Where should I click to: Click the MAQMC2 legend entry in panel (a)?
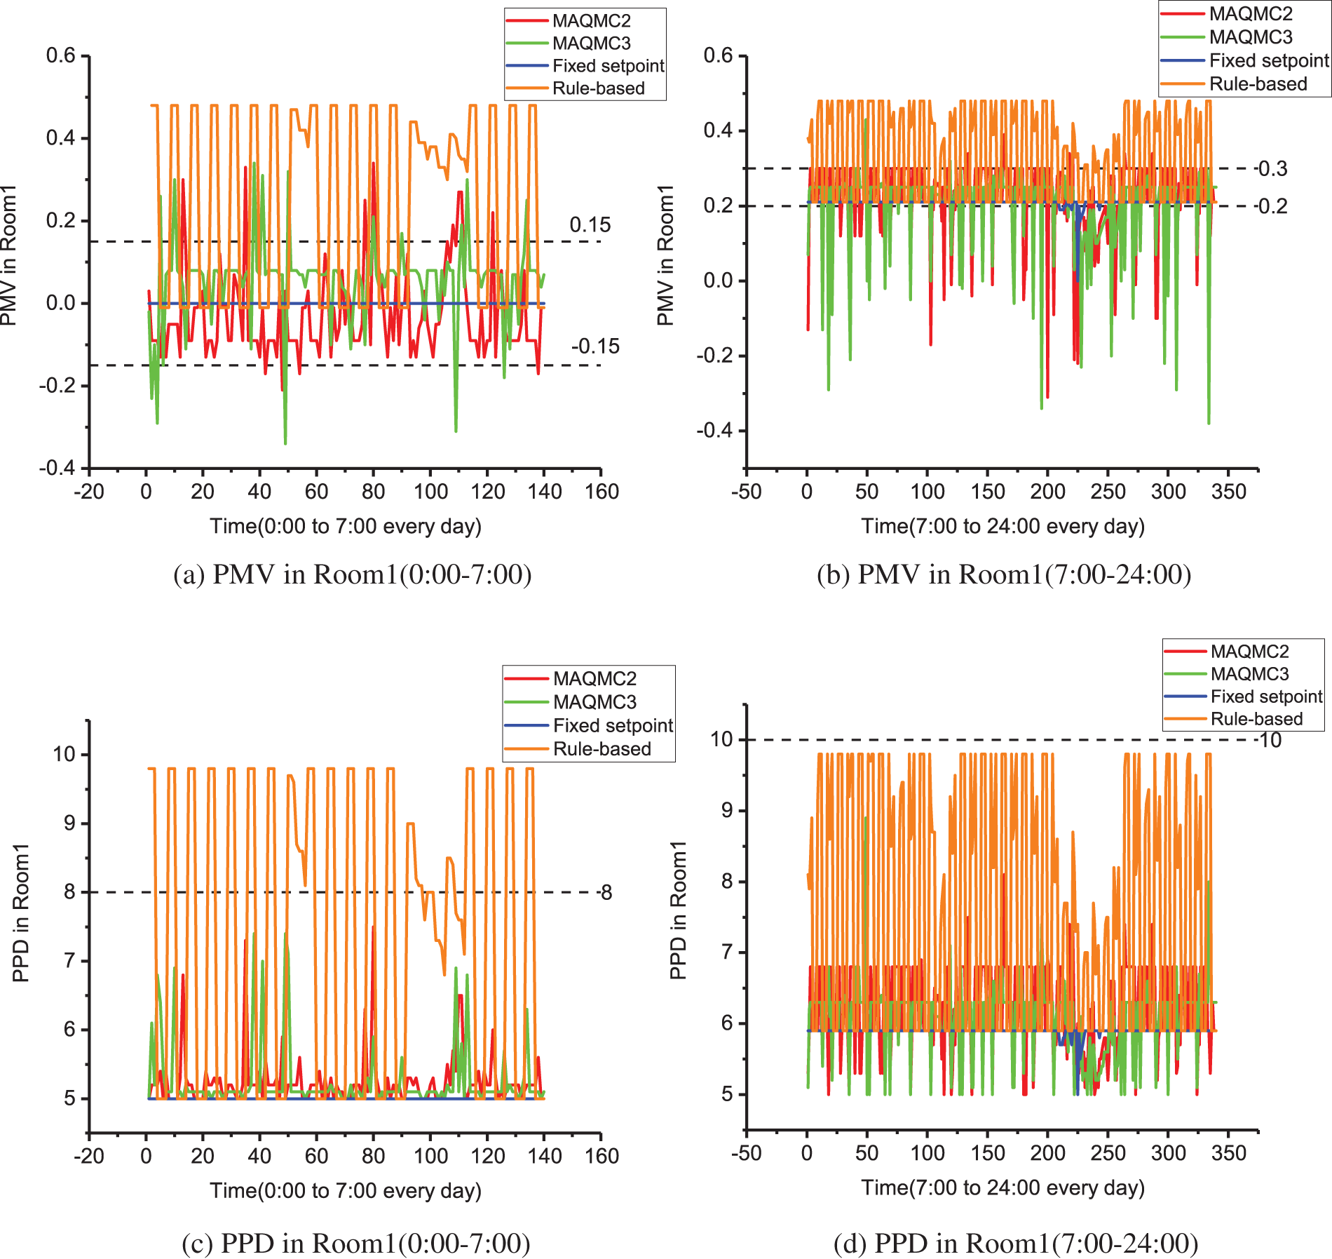591,21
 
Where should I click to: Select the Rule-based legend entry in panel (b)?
1258,84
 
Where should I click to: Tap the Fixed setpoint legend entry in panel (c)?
612,725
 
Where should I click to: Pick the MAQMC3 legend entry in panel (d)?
1249,674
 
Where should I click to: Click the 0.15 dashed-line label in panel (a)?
590,225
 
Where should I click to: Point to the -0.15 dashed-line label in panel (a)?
594,346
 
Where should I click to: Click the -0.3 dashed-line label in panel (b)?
1270,168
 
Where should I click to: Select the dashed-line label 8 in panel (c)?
605,893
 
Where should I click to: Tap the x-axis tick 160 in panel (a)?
602,492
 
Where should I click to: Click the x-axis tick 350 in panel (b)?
1228,492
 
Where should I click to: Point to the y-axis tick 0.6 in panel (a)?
60,55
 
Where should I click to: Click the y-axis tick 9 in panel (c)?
69,823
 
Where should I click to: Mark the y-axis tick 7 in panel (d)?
727,952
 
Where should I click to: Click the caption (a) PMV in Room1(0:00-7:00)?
352,574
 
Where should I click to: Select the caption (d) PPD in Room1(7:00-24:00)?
1015,1244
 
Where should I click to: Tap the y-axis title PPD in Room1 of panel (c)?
21,913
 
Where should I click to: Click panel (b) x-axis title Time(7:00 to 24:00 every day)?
1003,526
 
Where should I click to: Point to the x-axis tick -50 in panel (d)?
746,1153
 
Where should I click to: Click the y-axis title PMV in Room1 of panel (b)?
665,255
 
